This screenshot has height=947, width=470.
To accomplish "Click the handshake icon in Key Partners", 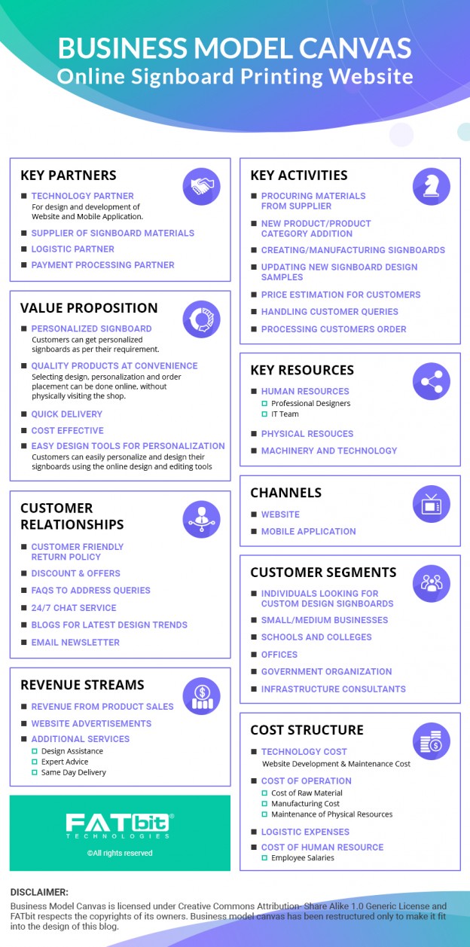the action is tap(201, 186).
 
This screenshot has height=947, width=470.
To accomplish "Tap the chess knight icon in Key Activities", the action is tap(431, 186).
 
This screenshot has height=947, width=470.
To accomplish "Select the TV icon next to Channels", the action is tap(431, 503).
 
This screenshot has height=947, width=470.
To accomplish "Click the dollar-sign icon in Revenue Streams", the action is tap(201, 696).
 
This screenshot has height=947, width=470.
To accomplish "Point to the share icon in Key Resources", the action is tap(431, 381).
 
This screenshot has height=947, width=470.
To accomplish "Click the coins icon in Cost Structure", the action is tap(431, 741).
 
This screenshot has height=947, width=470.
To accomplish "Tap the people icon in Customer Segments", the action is tap(431, 583).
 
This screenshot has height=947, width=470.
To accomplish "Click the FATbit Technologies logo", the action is tap(120, 826).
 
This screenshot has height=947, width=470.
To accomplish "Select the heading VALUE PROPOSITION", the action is tap(89, 308).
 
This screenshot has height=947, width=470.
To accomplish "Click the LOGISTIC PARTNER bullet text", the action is tap(73, 249).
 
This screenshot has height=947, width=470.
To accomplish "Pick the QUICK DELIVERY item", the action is tap(67, 414).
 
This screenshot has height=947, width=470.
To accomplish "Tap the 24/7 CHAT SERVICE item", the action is tap(74, 607).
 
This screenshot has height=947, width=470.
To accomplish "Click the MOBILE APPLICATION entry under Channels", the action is tap(309, 531).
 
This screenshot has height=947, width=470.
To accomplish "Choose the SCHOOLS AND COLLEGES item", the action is tap(316, 637).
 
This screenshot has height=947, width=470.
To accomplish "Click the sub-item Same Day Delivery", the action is tap(74, 772).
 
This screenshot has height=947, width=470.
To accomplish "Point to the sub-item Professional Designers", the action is tap(310, 403).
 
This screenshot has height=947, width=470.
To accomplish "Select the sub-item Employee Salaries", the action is tap(303, 858).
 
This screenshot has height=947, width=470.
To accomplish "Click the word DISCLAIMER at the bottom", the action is tap(39, 892).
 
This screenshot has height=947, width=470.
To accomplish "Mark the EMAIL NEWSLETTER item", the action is tap(75, 642).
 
